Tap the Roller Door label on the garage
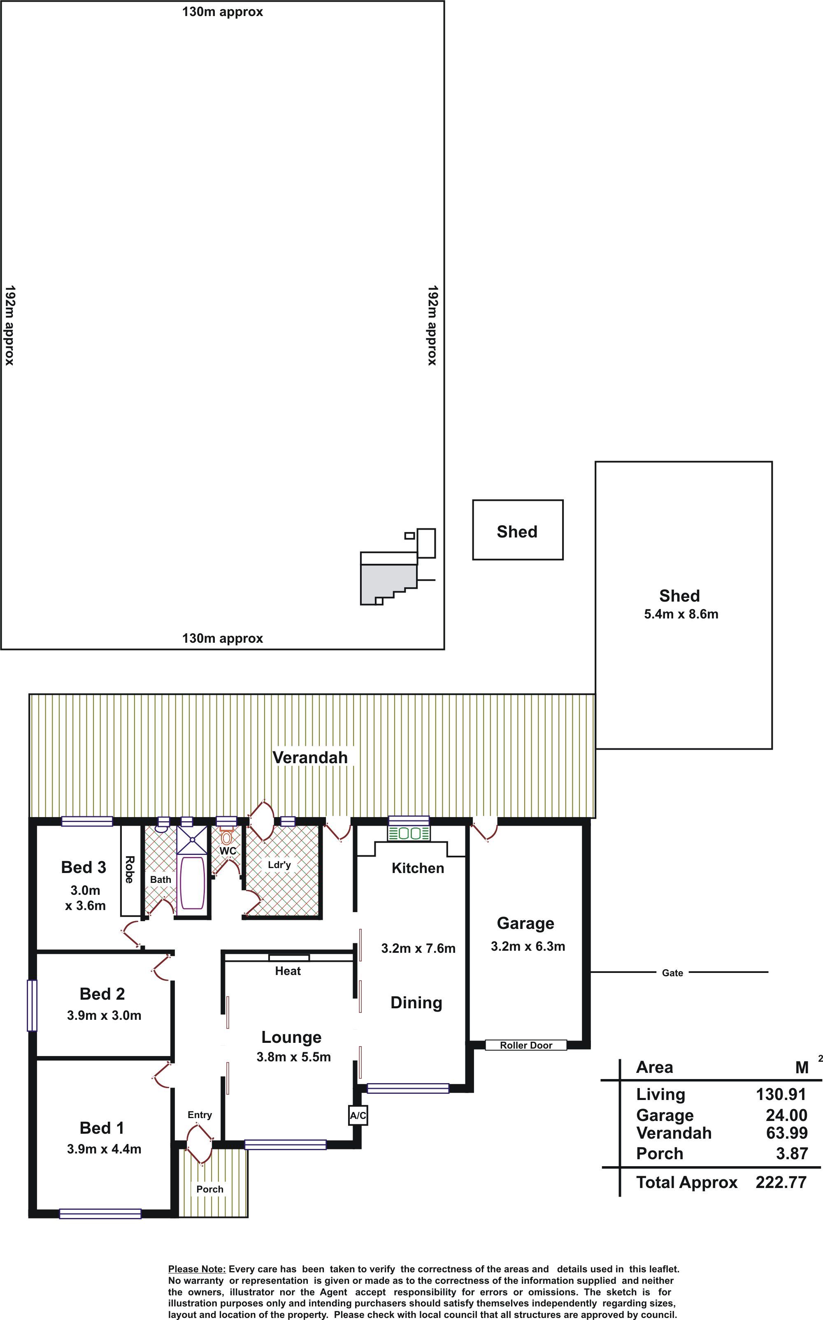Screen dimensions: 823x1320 pos(526,1045)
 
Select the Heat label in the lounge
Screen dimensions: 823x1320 pos(288,971)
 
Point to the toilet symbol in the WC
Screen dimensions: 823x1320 pos(226,836)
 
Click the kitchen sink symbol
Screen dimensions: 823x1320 pos(409,833)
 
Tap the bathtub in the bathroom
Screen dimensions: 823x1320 pos(192,883)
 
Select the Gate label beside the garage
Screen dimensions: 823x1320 pos(672,973)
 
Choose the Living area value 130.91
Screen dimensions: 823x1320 pos(781,1094)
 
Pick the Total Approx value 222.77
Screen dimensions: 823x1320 pos(781,1182)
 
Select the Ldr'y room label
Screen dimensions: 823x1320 pos(279,864)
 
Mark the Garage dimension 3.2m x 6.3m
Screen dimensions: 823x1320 pos(528,946)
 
